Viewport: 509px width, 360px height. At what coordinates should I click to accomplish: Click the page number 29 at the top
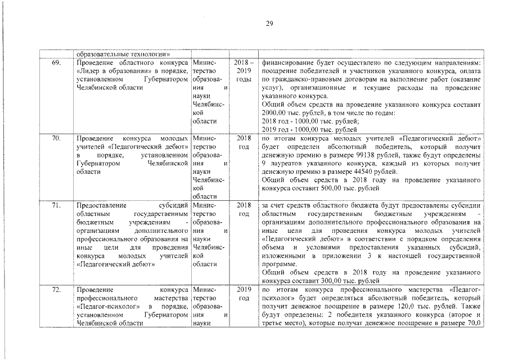[x=269, y=23]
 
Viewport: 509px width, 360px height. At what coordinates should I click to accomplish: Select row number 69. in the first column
[x=56, y=63]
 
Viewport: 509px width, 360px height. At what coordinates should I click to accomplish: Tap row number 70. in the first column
[x=56, y=137]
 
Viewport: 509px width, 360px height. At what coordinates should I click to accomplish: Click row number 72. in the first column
[x=56, y=289]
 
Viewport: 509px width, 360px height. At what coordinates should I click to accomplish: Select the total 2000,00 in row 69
[x=276, y=113]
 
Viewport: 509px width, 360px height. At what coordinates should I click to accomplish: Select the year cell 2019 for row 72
[x=244, y=289]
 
